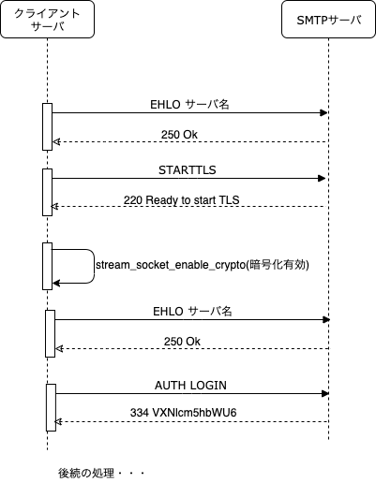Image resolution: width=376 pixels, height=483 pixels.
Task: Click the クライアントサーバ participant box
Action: click(48, 20)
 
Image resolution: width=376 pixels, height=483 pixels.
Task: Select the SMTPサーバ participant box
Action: click(328, 20)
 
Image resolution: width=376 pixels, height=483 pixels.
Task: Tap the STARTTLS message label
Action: click(188, 170)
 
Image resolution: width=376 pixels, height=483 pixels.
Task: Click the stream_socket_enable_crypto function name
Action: click(170, 265)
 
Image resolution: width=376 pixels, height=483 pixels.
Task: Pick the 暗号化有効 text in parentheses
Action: click(277, 265)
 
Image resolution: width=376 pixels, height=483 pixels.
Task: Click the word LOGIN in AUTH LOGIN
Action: click(208, 386)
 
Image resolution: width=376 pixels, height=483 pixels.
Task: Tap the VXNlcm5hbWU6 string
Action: click(194, 413)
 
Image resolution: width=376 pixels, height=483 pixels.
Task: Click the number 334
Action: click(139, 413)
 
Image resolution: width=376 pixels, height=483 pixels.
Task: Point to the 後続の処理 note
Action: click(86, 473)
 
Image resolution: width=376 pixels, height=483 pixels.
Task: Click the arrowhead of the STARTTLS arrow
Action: click(322, 179)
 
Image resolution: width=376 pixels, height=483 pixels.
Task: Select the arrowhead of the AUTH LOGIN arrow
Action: click(325, 394)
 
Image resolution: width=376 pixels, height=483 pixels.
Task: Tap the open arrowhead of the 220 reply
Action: click(54, 206)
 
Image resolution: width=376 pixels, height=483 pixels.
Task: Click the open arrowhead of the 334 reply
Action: click(58, 422)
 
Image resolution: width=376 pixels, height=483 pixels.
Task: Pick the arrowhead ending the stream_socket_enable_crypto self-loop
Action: click(56, 284)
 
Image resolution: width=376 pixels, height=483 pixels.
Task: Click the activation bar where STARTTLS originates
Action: click(47, 192)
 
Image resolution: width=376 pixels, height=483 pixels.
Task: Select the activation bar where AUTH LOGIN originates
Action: click(51, 407)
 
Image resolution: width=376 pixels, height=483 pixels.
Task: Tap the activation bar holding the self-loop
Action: click(47, 266)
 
